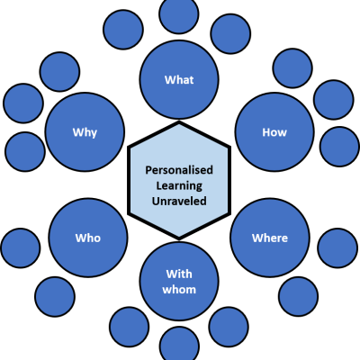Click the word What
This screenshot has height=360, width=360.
coord(179,80)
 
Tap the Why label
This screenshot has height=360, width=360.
coord(85,132)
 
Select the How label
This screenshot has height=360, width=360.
coord(274,132)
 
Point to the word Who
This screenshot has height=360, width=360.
coord(88,238)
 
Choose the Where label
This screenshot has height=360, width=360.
coord(270,238)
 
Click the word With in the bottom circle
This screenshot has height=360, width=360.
coord(179,274)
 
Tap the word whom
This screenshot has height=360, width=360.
coord(179,290)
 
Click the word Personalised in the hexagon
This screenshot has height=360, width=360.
coord(179,170)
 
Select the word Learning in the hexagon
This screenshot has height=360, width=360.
coord(179,185)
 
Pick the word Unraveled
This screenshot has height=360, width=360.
coord(179,201)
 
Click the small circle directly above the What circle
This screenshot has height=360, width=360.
coord(179,13)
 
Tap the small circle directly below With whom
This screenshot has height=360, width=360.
coord(179,345)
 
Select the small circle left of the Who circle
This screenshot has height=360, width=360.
coord(21,248)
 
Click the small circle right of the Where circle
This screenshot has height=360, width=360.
coord(337,248)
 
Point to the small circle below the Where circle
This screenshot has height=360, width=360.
coord(299,296)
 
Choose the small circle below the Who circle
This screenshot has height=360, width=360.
coord(55,297)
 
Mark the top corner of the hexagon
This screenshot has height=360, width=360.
coord(179,121)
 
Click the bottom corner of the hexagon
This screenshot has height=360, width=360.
coord(179,239)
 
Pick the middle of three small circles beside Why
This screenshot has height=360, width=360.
coord(23,103)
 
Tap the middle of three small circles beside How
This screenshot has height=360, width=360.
coord(334,100)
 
